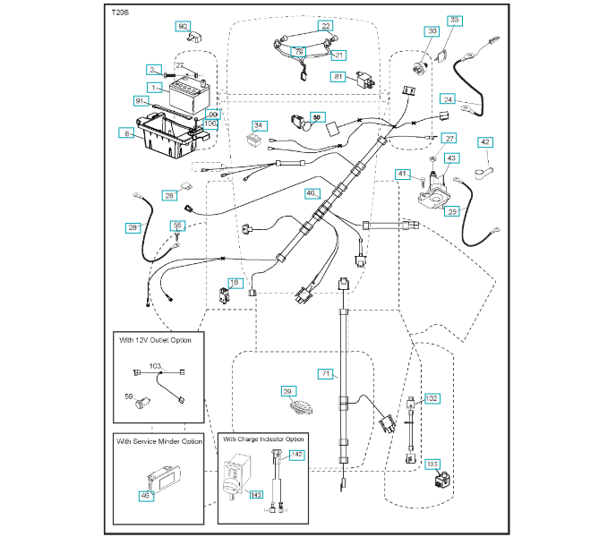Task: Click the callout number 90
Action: point(184,27)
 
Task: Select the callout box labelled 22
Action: point(326,27)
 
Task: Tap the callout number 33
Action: point(454,20)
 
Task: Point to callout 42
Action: point(485,141)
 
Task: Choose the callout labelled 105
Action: point(433,464)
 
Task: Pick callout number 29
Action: point(287,391)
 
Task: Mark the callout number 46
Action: point(144,495)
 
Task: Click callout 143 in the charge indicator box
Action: point(255,493)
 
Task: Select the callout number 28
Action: point(133,228)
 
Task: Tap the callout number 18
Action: point(235,283)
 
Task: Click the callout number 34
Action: point(259,125)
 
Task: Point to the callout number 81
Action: point(339,77)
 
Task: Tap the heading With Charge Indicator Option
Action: point(264,439)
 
